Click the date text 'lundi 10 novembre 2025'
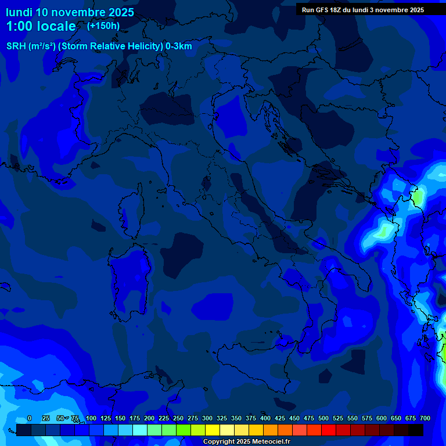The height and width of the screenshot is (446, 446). (x=70, y=12)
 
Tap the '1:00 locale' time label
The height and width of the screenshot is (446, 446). (x=41, y=26)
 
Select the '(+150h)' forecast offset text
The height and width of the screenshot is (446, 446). (x=103, y=26)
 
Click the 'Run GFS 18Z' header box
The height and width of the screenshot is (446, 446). (x=363, y=10)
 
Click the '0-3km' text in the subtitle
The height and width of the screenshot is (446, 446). (x=179, y=46)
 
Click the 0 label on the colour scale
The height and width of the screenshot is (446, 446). (x=30, y=418)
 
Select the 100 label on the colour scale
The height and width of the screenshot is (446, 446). (x=91, y=418)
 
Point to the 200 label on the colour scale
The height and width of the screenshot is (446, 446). (x=149, y=418)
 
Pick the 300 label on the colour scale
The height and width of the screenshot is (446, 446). (x=207, y=418)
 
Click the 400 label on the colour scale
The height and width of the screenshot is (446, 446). (x=265, y=418)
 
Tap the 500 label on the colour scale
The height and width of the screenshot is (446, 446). (x=323, y=418)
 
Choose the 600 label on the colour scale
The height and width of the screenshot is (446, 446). (x=382, y=418)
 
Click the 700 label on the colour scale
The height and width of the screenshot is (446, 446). (x=425, y=418)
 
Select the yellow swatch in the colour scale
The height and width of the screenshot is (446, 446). (x=213, y=430)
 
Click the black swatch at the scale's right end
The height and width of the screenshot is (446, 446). (x=416, y=430)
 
